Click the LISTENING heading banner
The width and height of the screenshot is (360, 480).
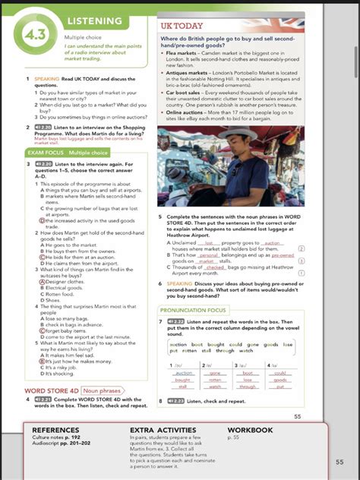[x=94, y=21]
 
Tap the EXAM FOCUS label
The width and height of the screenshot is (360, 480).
[x=45, y=153]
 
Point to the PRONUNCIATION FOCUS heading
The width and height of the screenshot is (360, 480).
[x=193, y=310]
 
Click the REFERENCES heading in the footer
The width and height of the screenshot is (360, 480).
[x=55, y=430]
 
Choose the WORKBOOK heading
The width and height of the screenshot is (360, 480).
[x=250, y=430]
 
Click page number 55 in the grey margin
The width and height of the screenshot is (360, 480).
[x=339, y=461]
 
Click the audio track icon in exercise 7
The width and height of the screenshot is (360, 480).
[x=176, y=321]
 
